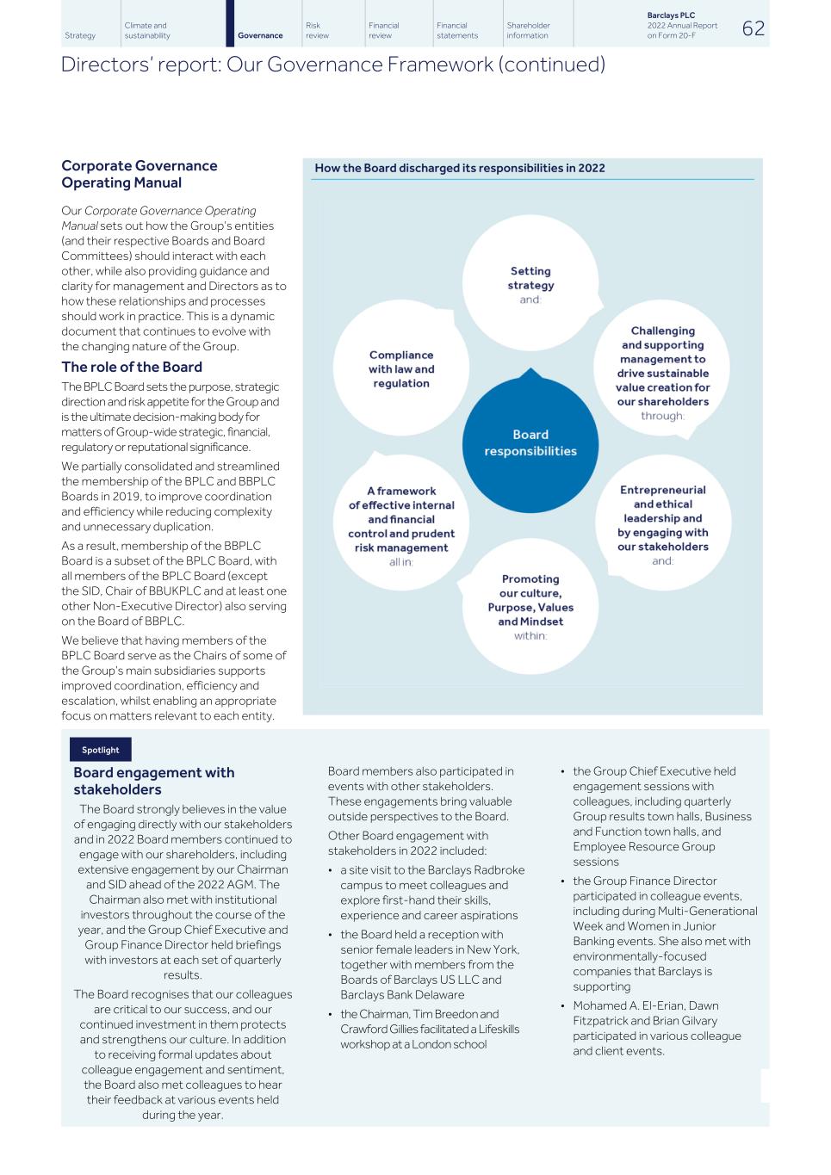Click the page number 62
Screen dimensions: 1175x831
(753, 28)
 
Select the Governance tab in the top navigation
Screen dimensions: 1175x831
(260, 35)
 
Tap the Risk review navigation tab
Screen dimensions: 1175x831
(317, 30)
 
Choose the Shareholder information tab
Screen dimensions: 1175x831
(528, 30)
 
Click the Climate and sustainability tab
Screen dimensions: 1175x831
(147, 30)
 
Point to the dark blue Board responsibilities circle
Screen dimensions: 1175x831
(530, 443)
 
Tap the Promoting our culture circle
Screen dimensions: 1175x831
(530, 606)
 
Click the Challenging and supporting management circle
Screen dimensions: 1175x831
(662, 370)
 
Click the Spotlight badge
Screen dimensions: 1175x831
(101, 750)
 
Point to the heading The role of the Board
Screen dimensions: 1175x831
(132, 368)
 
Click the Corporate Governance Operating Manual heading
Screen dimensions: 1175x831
(140, 174)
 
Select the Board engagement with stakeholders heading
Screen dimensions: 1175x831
(154, 781)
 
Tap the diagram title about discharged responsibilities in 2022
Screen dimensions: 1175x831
(460, 168)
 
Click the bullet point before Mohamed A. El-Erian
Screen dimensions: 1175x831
(563, 1006)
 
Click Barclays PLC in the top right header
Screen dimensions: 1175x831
(671, 15)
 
